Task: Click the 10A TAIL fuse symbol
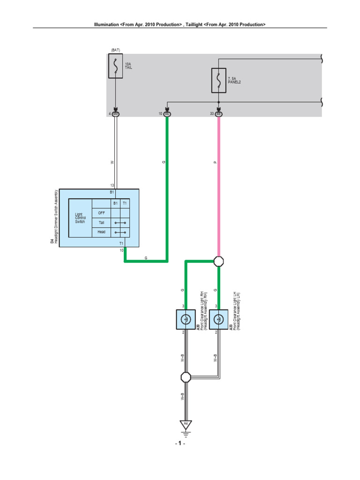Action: pos(115,66)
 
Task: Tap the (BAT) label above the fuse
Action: pos(115,50)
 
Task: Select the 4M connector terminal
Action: pos(116,113)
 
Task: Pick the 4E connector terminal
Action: pos(168,113)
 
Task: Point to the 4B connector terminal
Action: pos(218,113)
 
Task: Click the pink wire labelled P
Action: pos(218,187)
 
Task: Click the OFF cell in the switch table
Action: pos(101,212)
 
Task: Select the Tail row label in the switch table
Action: pos(101,222)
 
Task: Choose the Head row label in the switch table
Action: pos(101,232)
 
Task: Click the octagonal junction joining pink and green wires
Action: pos(218,261)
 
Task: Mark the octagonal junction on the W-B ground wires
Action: pos(186,377)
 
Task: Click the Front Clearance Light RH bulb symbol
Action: pos(186,320)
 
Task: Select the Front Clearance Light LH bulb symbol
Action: pos(218,320)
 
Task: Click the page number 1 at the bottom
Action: pos(180,443)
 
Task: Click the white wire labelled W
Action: pos(116,155)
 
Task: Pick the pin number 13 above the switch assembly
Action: pos(112,186)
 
